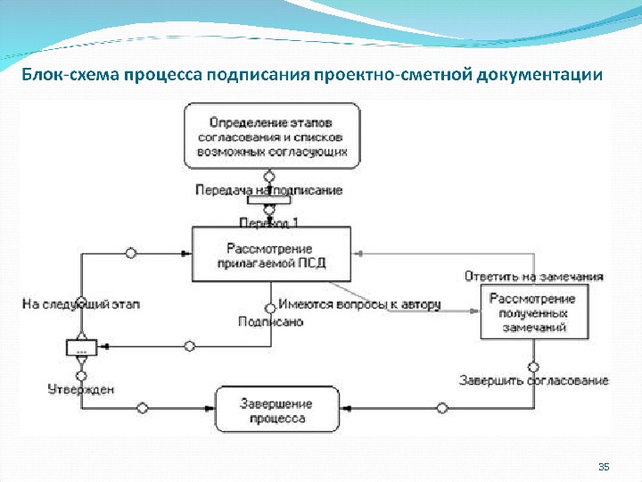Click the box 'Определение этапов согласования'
click(x=272, y=135)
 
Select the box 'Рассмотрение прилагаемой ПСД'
click(x=269, y=254)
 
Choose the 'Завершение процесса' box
click(x=276, y=410)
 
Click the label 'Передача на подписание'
click(x=268, y=190)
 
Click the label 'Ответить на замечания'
click(x=534, y=276)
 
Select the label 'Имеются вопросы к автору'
click(x=359, y=304)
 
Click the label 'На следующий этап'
click(x=81, y=303)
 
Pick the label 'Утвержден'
click(x=80, y=389)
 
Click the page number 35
click(x=603, y=468)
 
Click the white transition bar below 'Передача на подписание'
click(x=269, y=200)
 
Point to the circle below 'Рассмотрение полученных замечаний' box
click(x=533, y=367)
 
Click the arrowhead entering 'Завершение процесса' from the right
click(x=344, y=410)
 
